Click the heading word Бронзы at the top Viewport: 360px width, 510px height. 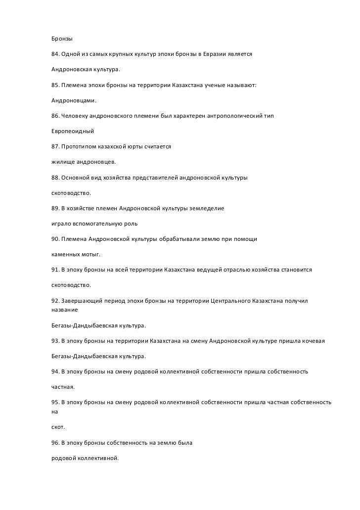(x=62, y=39)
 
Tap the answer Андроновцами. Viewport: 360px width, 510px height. (x=74, y=101)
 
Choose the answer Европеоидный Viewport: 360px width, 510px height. (x=73, y=132)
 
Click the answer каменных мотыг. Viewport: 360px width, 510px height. (x=76, y=255)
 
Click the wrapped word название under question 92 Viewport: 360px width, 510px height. (x=65, y=310)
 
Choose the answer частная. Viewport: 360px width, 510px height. (x=63, y=387)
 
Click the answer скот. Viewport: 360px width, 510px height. (x=58, y=426)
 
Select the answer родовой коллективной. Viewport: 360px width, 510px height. (x=85, y=458)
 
